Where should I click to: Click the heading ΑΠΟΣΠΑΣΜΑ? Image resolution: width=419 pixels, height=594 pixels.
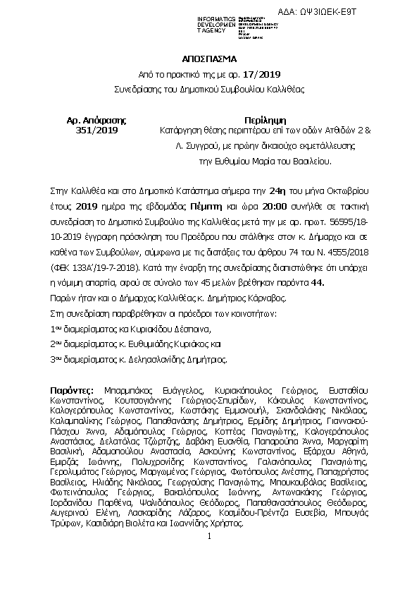coord(208,59)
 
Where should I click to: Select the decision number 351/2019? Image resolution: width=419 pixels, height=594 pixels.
coord(96,131)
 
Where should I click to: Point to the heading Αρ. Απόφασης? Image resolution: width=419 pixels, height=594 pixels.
coord(96,119)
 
